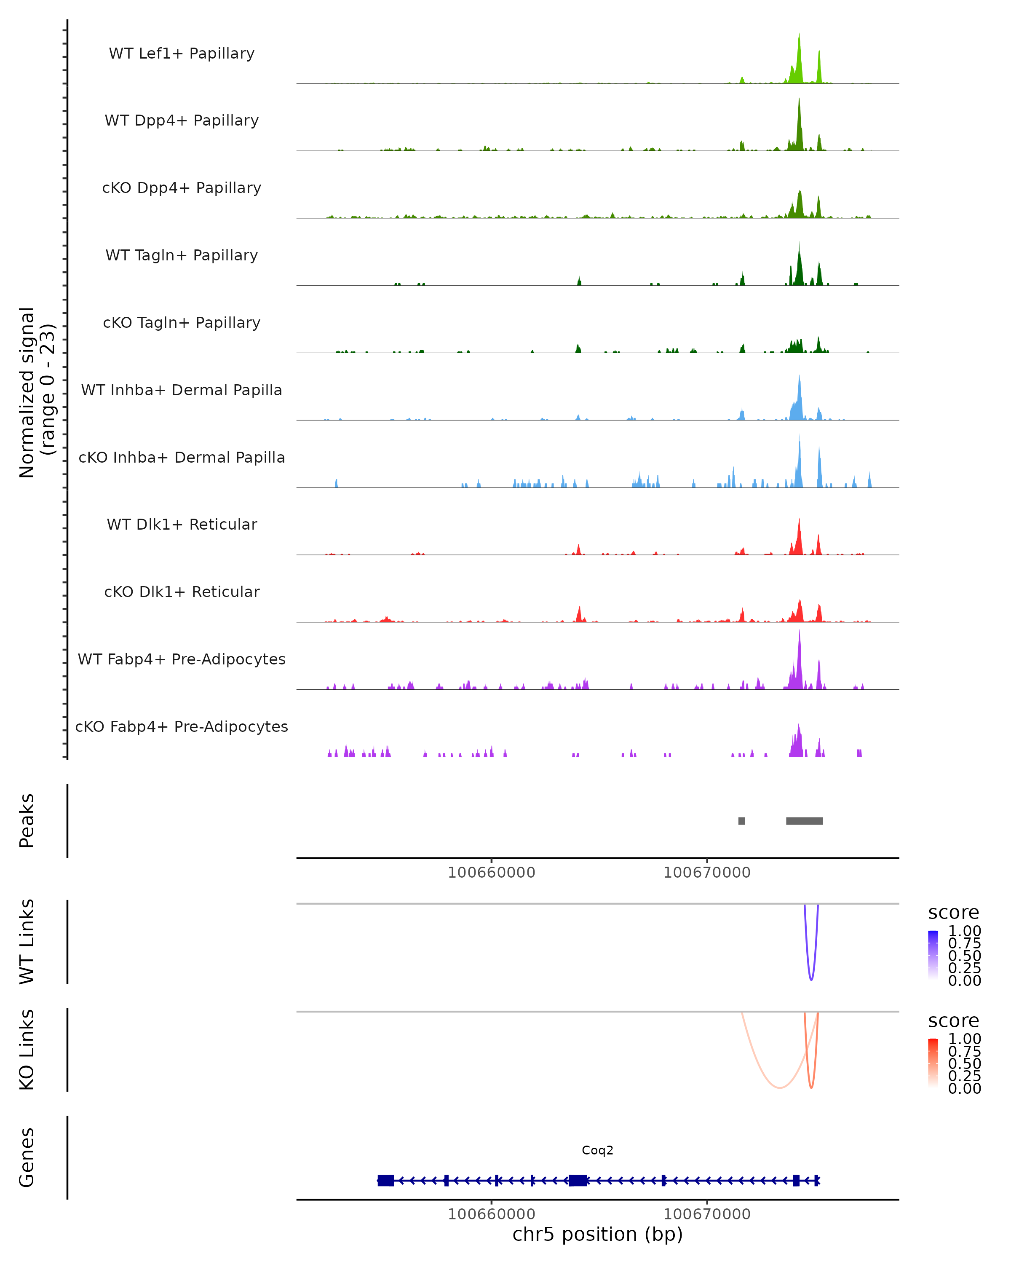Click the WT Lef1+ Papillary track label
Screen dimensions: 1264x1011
pos(182,54)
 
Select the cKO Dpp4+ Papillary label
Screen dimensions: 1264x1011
pos(182,187)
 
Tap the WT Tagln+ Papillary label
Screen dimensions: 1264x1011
pos(182,255)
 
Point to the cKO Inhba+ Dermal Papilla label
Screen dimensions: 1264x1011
pos(182,457)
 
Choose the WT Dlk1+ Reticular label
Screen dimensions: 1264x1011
pos(182,524)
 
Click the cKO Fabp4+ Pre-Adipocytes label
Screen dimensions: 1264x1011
pos(182,726)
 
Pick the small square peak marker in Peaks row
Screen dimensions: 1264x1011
pos(741,821)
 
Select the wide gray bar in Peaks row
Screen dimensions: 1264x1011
pos(804,821)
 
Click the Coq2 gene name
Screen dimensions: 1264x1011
pos(597,1150)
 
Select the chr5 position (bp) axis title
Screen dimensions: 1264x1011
pos(597,1235)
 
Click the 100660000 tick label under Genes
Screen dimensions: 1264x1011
pos(491,1214)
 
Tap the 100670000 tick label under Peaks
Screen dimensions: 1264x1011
pos(707,873)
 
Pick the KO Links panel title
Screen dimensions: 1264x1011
pos(27,1050)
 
